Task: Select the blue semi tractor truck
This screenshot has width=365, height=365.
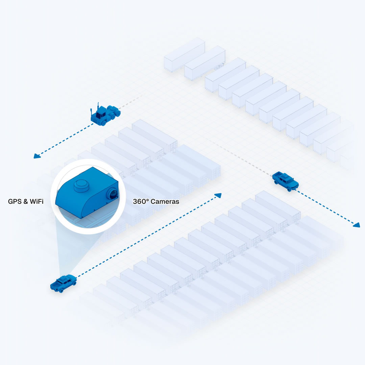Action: [x=104, y=115]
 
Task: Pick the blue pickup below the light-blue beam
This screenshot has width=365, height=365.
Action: [x=63, y=283]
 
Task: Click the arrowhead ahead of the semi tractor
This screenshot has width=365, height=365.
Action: [x=37, y=156]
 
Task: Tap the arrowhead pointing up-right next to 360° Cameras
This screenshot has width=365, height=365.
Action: [x=218, y=195]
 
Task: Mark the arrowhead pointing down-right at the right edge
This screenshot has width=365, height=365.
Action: [x=356, y=225]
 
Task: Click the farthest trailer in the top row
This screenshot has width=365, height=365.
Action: [x=185, y=54]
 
